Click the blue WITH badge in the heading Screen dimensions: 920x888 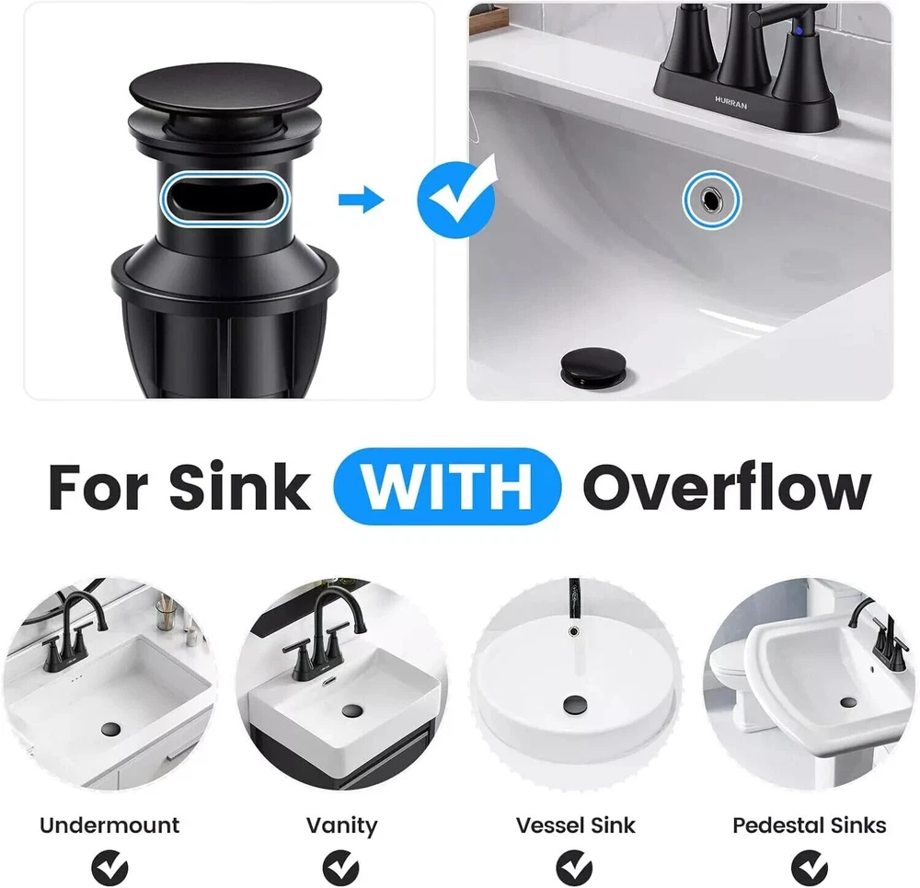point(447,486)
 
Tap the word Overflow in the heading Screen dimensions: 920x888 point(727,487)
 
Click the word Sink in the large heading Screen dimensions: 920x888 point(239,487)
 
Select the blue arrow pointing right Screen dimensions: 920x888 point(361,200)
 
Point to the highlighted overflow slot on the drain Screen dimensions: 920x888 point(226,200)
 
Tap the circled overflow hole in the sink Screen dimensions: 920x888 point(712,200)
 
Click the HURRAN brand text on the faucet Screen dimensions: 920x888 point(731,103)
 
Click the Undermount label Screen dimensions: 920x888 point(109,825)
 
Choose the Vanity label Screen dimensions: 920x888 point(342,826)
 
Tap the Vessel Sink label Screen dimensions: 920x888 point(576,825)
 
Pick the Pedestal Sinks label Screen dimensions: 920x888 point(809,825)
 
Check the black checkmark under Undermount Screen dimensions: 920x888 point(109,868)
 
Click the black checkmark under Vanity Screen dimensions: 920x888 point(341,868)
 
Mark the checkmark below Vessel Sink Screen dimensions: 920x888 point(574,868)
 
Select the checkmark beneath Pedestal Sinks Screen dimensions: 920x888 point(809,868)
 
